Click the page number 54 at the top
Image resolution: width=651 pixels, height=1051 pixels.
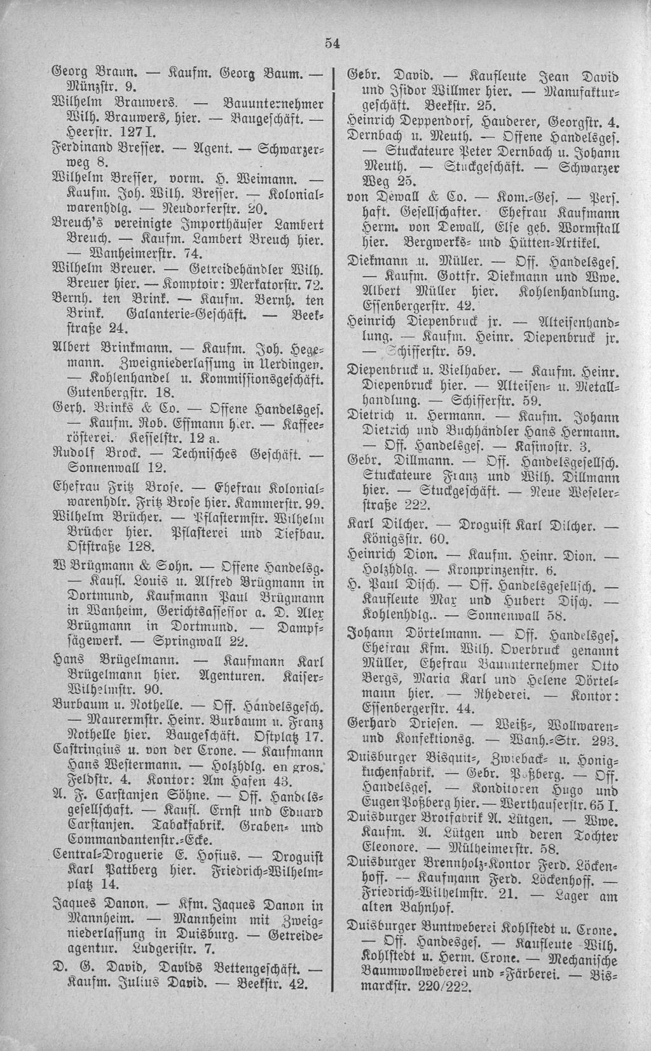tap(332, 43)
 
